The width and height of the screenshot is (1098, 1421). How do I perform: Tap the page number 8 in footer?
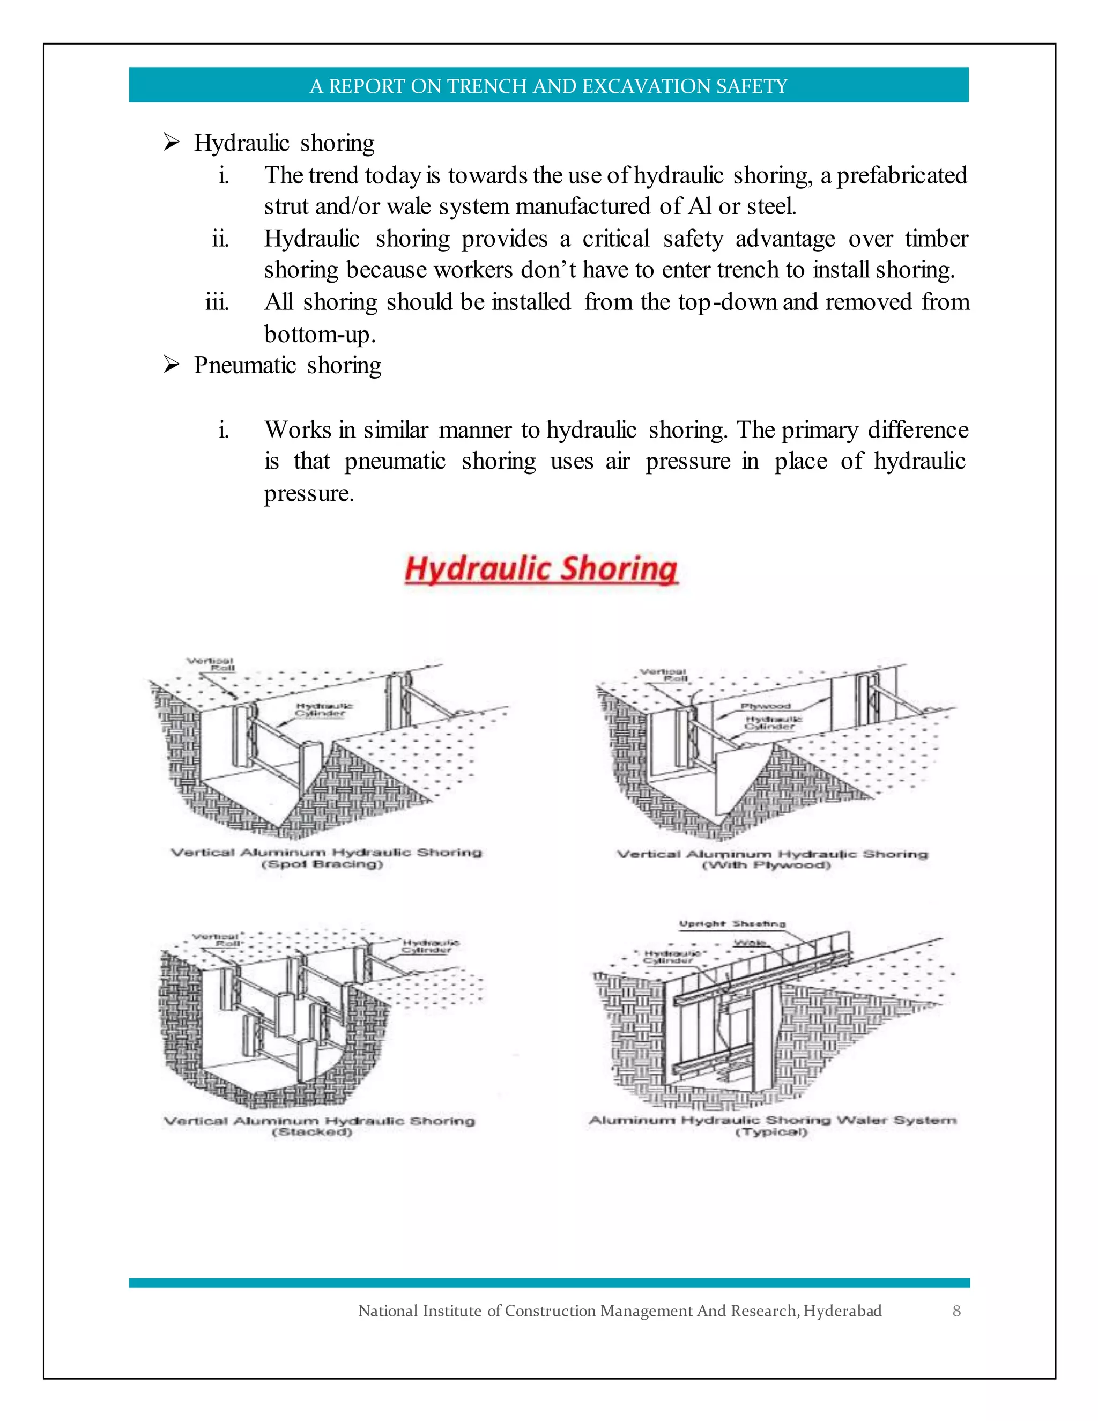click(956, 1311)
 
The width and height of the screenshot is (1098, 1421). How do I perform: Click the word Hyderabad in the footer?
click(842, 1311)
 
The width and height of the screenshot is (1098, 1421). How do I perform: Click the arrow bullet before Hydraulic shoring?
click(171, 142)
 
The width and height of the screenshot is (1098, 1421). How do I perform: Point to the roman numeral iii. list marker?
click(217, 302)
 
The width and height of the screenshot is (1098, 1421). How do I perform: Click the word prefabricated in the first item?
click(902, 176)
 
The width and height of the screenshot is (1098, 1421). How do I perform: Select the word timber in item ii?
click(936, 239)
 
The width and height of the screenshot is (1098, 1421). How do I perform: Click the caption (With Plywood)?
click(767, 865)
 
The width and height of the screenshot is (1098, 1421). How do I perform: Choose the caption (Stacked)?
click(312, 1132)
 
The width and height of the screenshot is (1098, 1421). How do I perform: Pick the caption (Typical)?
click(771, 1132)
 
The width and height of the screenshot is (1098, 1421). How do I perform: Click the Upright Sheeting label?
click(732, 924)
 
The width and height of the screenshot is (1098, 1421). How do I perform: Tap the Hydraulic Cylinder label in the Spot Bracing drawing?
click(324, 709)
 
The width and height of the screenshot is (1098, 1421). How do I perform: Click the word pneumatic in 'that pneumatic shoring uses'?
click(395, 461)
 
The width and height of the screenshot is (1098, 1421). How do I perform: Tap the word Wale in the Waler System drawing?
click(750, 943)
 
